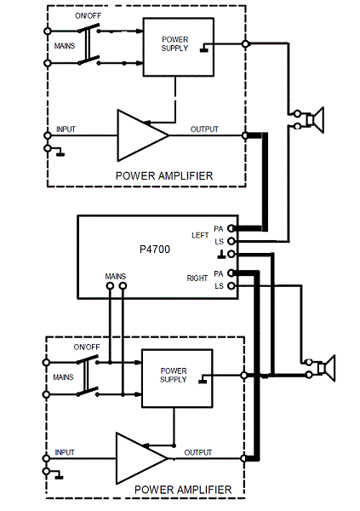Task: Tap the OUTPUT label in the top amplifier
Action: [204, 129]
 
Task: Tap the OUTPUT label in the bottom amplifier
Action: [199, 452]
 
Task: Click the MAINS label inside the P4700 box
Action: [117, 276]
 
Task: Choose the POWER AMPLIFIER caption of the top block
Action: [163, 176]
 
